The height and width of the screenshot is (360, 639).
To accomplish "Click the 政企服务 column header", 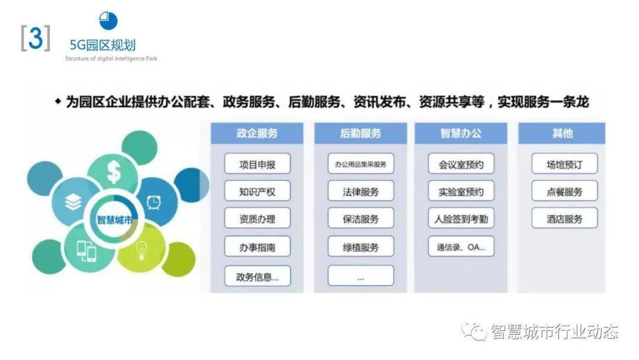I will [257, 133].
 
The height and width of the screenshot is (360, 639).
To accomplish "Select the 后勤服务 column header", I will [360, 133].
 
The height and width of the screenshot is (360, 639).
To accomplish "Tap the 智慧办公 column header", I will [460, 133].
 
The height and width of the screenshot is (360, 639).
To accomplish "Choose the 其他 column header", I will [561, 133].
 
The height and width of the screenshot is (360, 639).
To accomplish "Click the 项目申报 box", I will [257, 164].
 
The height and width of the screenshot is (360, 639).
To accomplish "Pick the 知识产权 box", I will [257, 191].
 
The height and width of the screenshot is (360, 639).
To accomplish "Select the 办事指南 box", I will [257, 246].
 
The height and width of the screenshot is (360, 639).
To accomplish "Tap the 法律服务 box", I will [360, 191].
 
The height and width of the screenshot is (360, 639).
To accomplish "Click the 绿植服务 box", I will [360, 246].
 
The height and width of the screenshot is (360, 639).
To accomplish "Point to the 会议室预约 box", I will [460, 164].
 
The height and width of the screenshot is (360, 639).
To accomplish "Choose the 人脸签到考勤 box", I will [460, 218].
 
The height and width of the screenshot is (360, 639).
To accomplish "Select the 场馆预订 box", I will [564, 164].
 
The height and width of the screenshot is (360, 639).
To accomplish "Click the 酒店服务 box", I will [564, 218].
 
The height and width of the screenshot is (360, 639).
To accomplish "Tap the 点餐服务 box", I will [564, 191].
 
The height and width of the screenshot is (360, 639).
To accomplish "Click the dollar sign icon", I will [114, 172].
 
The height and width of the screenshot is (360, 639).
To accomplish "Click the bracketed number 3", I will [35, 39].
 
